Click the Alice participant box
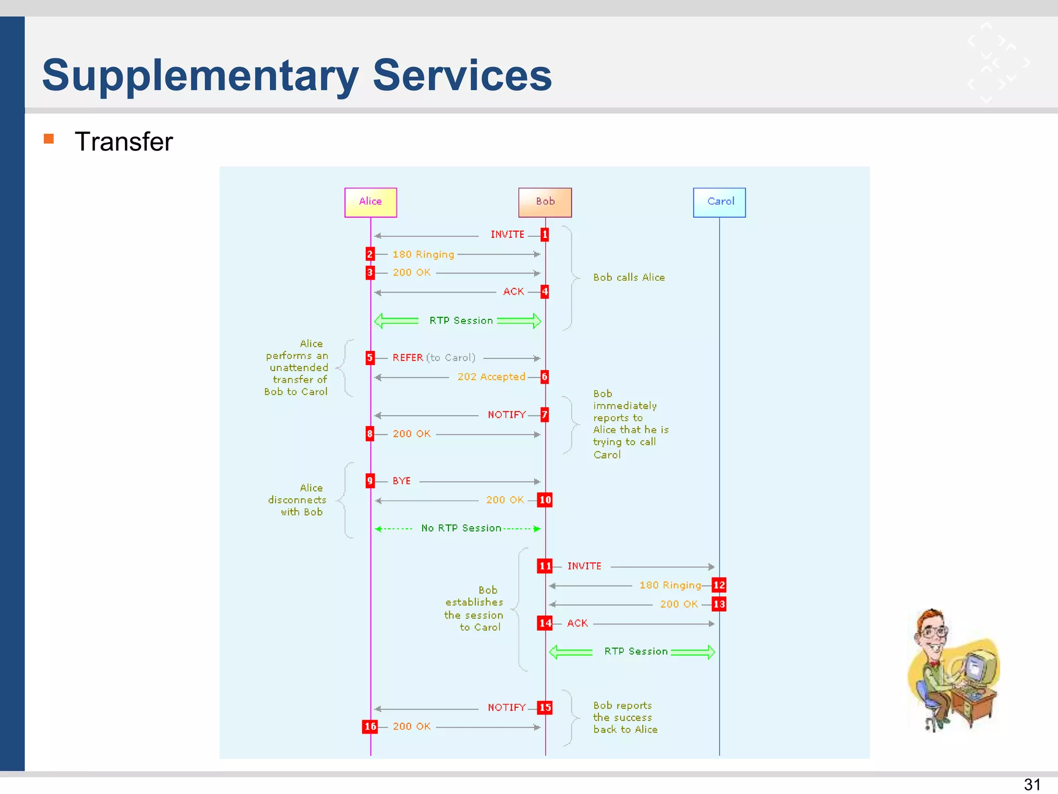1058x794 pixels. [370, 202]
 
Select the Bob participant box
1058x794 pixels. [545, 202]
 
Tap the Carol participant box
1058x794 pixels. [719, 202]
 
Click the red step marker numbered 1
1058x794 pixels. [544, 235]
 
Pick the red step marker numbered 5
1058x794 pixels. [370, 358]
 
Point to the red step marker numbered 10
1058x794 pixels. [544, 500]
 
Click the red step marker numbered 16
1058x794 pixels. [370, 726]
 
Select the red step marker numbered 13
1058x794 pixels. [719, 604]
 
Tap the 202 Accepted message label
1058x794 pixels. [491, 377]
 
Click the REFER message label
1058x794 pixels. [408, 358]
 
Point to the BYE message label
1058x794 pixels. [401, 481]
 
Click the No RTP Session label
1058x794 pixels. [461, 528]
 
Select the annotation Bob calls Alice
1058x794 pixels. [629, 277]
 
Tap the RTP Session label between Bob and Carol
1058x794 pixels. [635, 651]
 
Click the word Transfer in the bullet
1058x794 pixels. [123, 142]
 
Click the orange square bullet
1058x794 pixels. [49, 139]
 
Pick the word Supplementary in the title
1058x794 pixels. [200, 75]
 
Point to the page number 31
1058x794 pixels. [1032, 784]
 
